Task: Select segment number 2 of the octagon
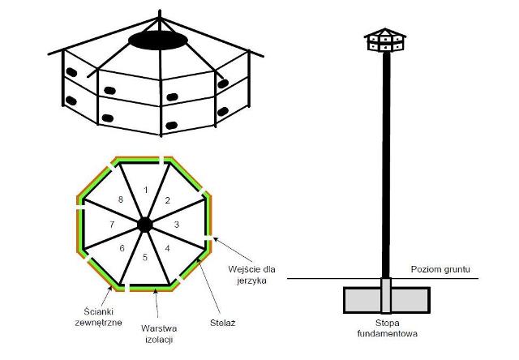168,199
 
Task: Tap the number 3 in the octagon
177,224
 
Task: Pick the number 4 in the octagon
167,247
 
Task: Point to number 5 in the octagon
144,258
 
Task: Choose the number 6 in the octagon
122,249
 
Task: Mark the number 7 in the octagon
112,224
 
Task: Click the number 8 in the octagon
122,199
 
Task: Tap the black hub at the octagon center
144,224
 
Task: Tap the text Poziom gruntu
440,269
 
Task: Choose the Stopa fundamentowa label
388,327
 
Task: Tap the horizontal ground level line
324,280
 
